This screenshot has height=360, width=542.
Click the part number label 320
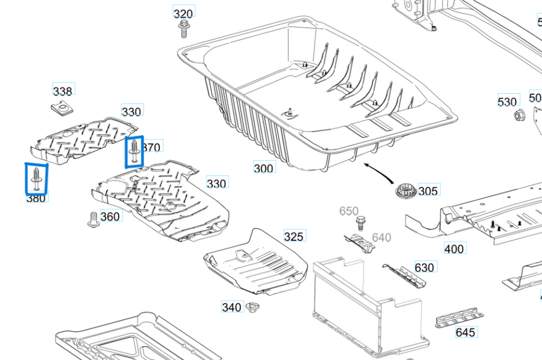click(183, 14)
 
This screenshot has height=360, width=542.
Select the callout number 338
click(63, 91)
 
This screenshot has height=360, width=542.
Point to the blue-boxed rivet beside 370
click(134, 152)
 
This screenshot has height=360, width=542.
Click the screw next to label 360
click(93, 219)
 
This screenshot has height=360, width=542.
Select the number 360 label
click(110, 216)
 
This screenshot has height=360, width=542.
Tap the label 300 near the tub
click(264, 168)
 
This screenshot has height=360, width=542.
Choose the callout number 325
click(294, 236)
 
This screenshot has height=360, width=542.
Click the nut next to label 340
click(252, 308)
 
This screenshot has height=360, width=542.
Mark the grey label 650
click(348, 211)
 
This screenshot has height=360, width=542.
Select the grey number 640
click(382, 238)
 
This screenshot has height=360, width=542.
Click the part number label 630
click(425, 267)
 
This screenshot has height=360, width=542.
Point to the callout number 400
click(454, 248)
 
